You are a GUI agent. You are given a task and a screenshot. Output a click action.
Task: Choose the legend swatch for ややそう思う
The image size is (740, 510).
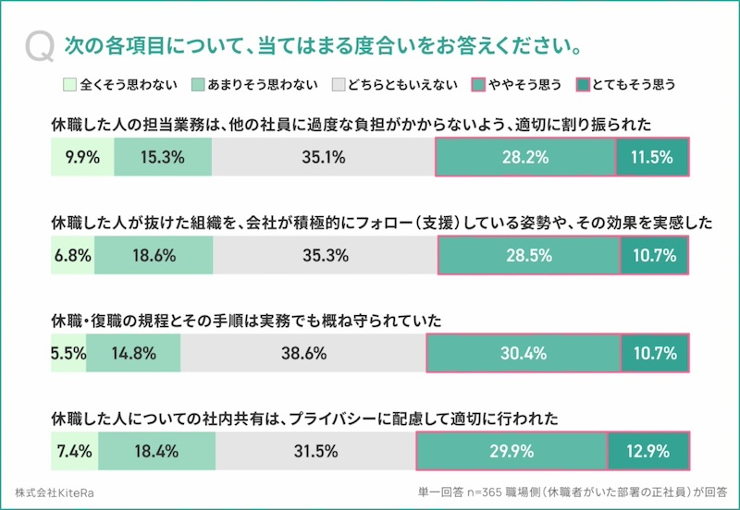478,84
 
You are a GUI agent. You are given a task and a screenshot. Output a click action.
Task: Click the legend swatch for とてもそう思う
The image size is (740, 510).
582,84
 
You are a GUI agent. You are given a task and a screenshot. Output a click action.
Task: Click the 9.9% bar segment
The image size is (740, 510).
82,157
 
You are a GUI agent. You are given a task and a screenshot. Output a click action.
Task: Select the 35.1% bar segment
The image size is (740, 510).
323,157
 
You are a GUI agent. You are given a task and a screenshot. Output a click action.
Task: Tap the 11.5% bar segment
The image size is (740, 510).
652,157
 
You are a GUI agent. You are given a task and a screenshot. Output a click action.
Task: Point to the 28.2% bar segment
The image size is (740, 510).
524,157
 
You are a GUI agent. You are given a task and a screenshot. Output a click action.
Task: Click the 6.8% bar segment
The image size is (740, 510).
72,256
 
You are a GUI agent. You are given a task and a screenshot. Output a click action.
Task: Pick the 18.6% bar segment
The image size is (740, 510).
154,256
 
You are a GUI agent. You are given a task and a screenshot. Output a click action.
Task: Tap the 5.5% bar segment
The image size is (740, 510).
68,353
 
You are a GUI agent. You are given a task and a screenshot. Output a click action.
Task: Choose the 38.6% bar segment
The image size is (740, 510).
303,353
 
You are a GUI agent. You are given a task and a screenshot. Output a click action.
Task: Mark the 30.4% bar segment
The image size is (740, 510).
524,353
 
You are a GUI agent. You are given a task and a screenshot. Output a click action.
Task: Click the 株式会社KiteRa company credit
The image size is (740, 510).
55,492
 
